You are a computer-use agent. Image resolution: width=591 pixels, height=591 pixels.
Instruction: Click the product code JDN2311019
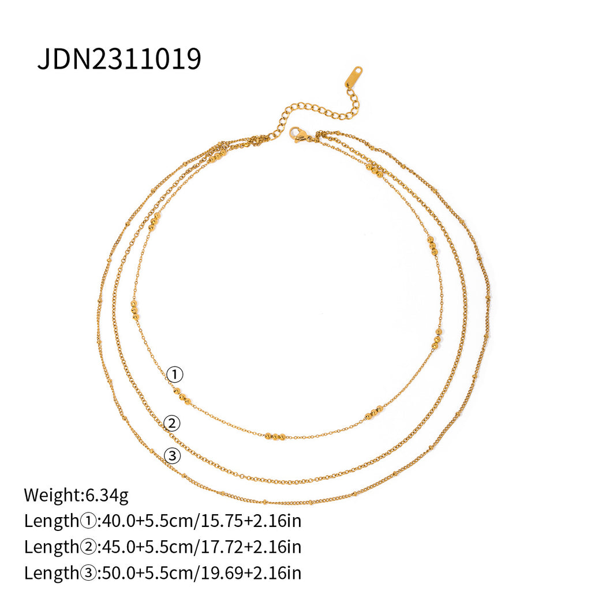119,59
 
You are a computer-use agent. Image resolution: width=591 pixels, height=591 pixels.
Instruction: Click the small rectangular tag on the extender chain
354,76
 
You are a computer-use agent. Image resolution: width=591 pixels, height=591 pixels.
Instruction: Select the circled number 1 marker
174,375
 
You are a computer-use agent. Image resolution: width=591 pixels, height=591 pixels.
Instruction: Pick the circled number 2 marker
171,424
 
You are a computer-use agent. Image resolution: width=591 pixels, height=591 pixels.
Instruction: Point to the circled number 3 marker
172,457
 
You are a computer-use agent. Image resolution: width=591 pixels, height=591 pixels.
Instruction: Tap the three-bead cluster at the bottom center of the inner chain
275,437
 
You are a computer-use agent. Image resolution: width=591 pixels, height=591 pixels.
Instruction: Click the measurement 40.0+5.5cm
147,521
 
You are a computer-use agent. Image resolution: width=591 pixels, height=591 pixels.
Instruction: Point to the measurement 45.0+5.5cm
147,547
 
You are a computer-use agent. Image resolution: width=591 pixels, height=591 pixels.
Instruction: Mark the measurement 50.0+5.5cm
147,573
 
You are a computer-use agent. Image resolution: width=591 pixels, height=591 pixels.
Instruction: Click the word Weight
49,495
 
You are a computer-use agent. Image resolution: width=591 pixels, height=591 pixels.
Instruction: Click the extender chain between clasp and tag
315,110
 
